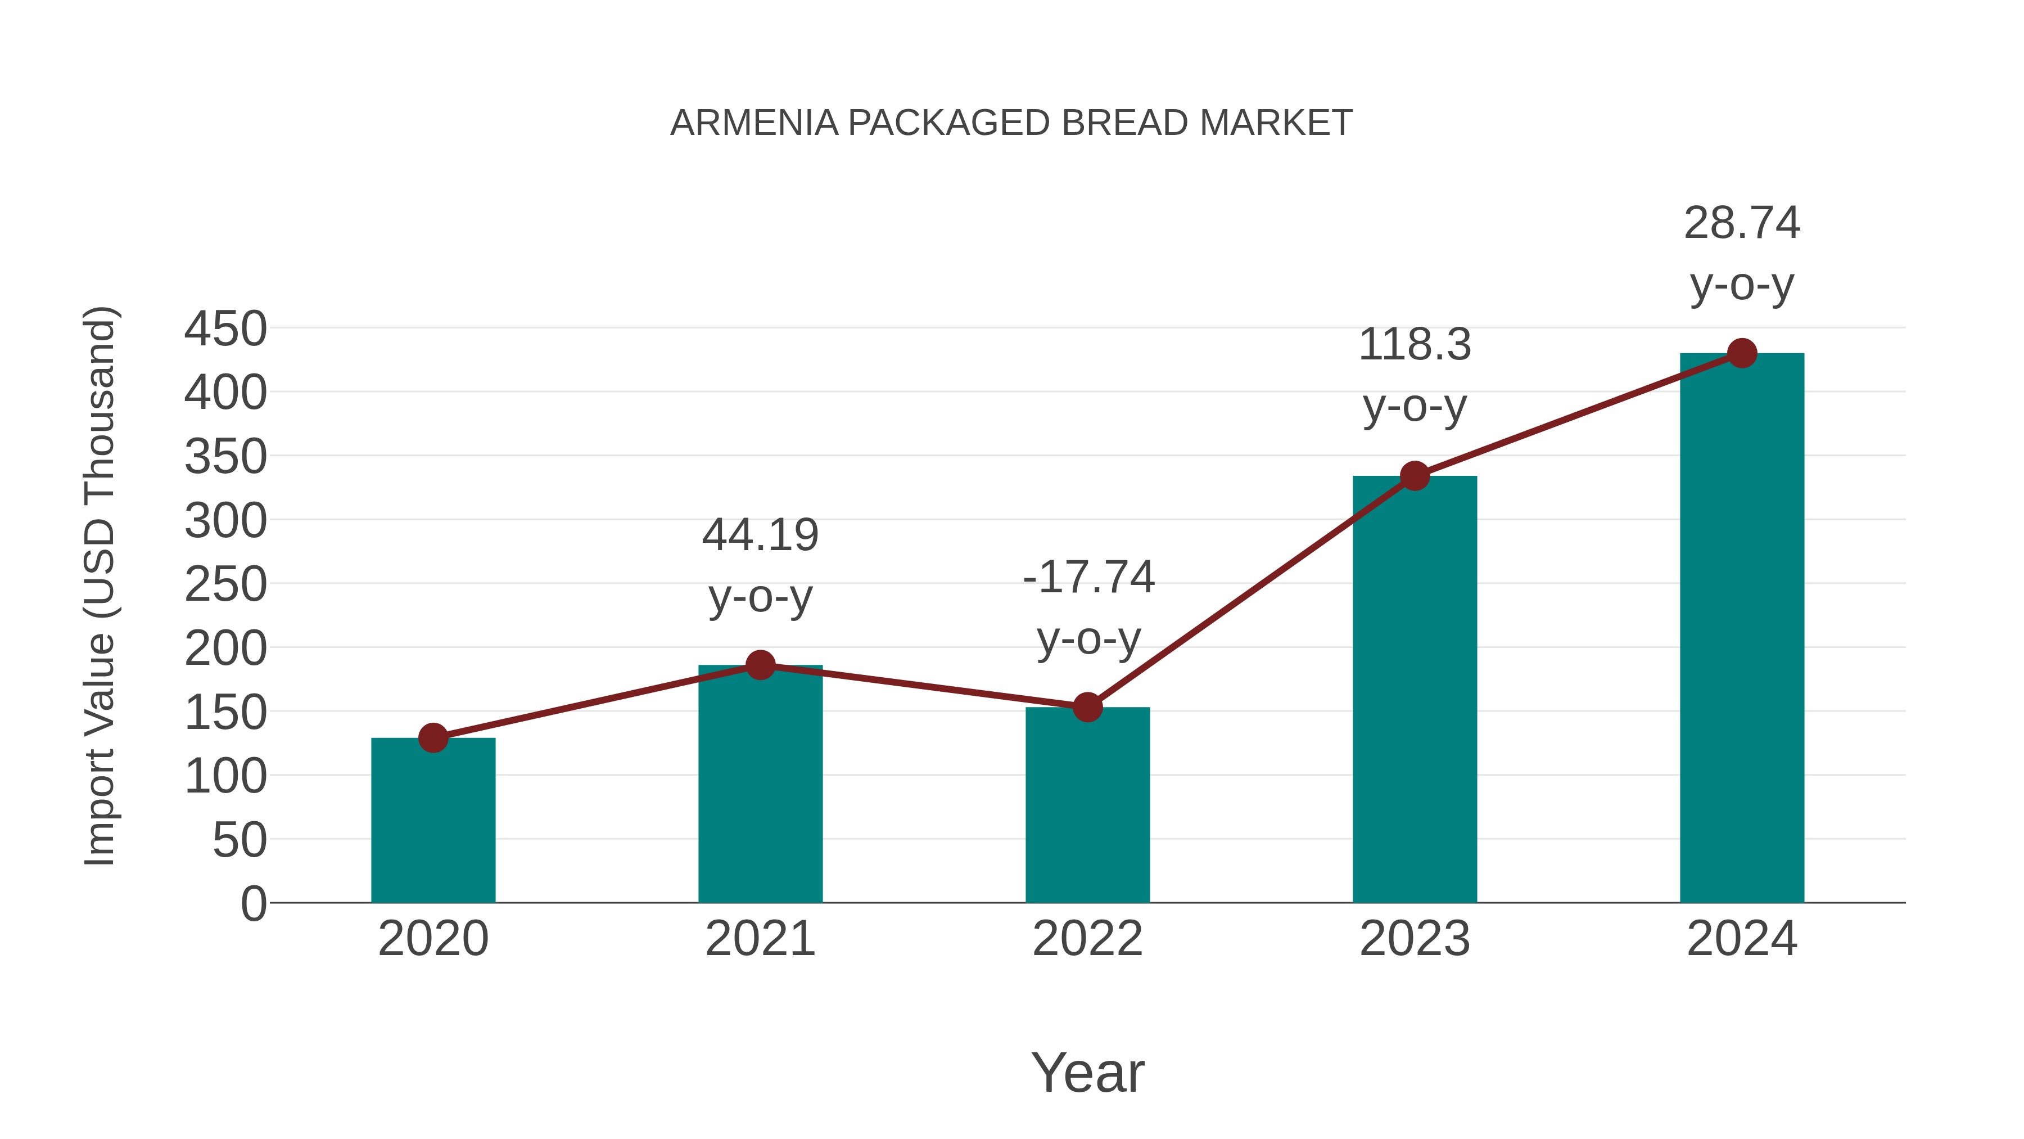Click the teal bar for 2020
point(433,821)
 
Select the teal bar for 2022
point(1087,805)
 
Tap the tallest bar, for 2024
point(1742,629)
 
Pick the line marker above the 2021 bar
point(760,665)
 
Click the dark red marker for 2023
point(1415,475)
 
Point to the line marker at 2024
point(1742,353)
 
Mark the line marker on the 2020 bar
point(433,737)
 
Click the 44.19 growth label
point(760,535)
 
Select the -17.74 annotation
point(1088,578)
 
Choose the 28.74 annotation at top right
point(1742,223)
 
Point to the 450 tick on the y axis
point(225,328)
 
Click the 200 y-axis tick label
point(225,649)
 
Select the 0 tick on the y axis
point(253,903)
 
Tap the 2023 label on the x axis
point(1415,939)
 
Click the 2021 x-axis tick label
point(760,939)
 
